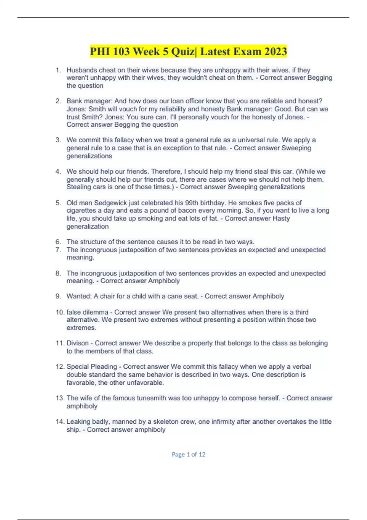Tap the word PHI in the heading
click(100, 51)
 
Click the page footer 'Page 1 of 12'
click(188, 455)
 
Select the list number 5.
click(58, 203)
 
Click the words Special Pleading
click(92, 366)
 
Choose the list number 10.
click(60, 312)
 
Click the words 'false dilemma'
click(87, 312)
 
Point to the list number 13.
click(60, 398)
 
